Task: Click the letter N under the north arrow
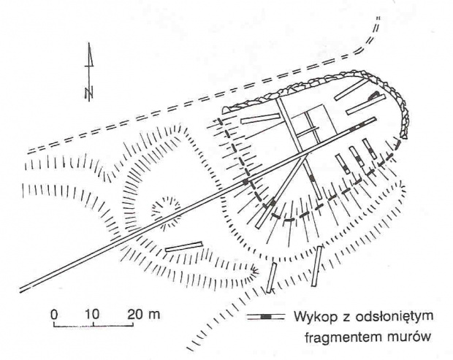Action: click(89, 92)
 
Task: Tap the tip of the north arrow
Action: click(89, 43)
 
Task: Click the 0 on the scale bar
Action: click(54, 315)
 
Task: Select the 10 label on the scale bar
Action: click(93, 315)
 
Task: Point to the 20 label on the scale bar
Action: click(135, 315)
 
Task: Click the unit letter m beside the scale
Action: click(153, 315)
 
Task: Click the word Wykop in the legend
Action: click(316, 317)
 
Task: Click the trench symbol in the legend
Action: click(266, 317)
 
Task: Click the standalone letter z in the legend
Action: click(346, 318)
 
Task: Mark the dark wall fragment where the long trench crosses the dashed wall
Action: click(245, 182)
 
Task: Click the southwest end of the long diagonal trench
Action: click(20, 290)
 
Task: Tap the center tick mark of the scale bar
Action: click(94, 324)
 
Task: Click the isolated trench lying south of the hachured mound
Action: click(183, 247)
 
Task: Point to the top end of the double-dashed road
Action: click(378, 18)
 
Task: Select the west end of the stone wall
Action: click(225, 110)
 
